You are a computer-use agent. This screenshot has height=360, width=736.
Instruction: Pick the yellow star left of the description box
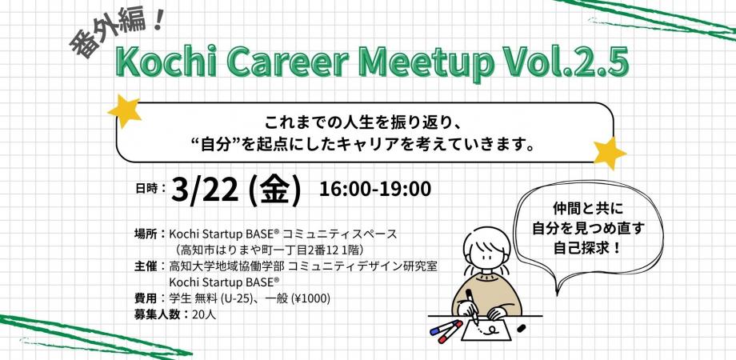[124, 110]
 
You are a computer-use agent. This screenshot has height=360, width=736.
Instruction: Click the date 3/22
[206, 190]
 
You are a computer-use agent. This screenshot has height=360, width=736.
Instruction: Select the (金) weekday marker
[274, 190]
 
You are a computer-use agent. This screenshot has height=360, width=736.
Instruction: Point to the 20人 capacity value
[204, 314]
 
